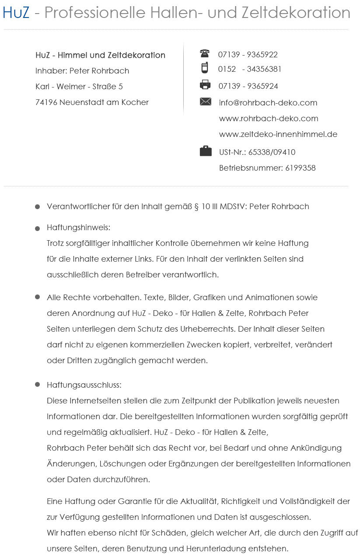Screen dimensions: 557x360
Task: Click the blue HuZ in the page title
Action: [16, 13]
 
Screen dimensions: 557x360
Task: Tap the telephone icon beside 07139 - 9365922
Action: [205, 53]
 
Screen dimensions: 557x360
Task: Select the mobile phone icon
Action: [205, 68]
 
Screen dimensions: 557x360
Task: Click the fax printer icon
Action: [205, 85]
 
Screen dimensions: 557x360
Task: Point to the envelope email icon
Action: [206, 102]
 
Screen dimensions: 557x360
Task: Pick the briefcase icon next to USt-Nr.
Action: [206, 151]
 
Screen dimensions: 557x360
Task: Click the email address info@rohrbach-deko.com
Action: [268, 103]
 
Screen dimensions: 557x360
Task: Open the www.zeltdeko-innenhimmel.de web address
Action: [278, 134]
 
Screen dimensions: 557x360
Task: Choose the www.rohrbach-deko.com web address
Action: [268, 119]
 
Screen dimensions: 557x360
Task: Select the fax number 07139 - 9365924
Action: [248, 86]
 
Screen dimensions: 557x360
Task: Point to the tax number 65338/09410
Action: [272, 152]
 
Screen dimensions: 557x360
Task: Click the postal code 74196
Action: [46, 102]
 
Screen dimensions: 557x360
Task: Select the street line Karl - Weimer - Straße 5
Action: [79, 87]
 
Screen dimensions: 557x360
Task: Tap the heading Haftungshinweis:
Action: [78, 228]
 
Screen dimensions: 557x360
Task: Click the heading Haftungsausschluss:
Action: [84, 385]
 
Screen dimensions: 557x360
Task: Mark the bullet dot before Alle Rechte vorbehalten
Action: [38, 297]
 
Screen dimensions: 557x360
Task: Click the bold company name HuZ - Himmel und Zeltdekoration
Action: [100, 55]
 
